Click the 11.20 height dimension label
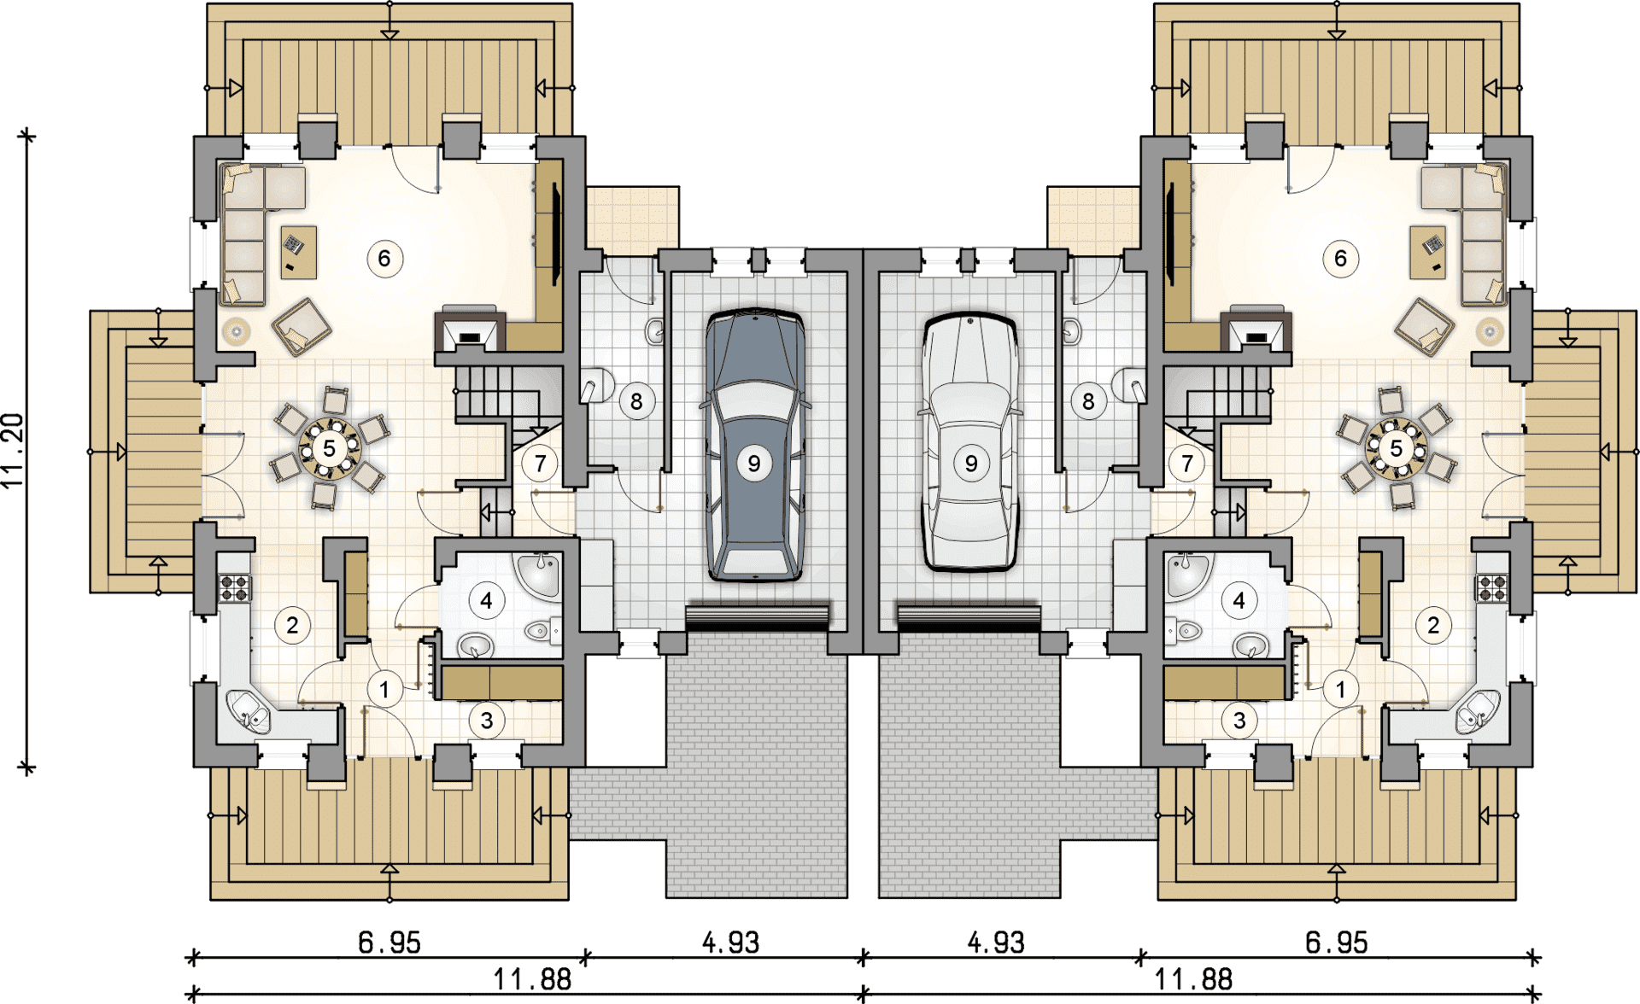pos(13,451)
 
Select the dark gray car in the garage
pos(755,445)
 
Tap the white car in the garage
pos(970,441)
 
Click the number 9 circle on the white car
pos(971,464)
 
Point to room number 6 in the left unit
pos(384,259)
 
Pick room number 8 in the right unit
pos(1088,401)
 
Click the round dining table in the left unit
pos(330,447)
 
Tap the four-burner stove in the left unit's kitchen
pos(235,587)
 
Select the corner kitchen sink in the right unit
pos(1477,711)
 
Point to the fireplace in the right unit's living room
pos(1256,330)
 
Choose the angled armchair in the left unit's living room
pos(302,326)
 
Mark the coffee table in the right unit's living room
pos(1428,252)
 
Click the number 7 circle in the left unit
pos(540,464)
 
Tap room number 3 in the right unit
pos(1239,721)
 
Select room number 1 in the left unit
pos(384,689)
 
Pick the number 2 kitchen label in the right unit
pos(1433,626)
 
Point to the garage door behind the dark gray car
pos(757,617)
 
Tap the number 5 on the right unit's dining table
pos(1396,448)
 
